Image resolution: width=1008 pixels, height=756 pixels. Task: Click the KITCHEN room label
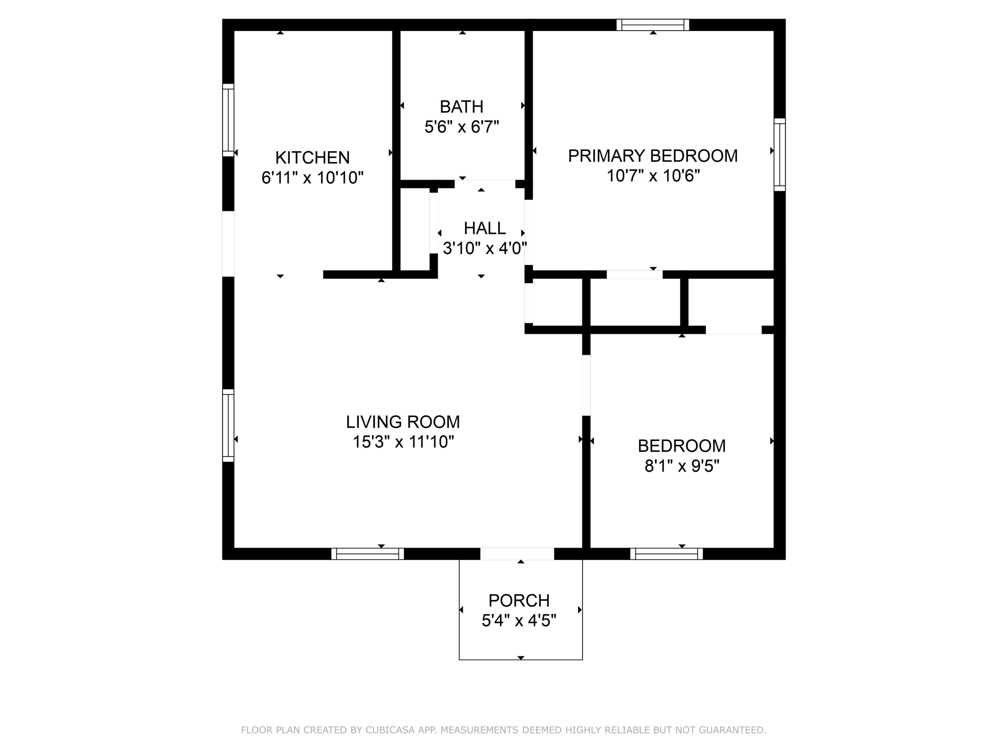[x=313, y=157]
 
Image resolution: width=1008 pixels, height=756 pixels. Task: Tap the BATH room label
[x=461, y=107]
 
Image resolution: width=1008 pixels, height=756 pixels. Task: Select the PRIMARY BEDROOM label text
[x=652, y=156]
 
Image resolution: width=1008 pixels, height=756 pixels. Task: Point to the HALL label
[x=485, y=228]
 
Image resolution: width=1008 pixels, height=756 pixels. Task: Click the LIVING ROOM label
[x=403, y=422]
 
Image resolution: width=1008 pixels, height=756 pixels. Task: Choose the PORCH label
[x=519, y=600]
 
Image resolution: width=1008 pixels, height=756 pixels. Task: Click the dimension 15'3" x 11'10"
[x=403, y=441]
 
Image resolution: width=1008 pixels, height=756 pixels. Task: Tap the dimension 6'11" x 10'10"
[x=313, y=177]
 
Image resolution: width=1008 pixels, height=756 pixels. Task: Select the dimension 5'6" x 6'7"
[x=461, y=126]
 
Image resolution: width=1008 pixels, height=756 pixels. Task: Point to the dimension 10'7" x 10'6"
[x=653, y=176]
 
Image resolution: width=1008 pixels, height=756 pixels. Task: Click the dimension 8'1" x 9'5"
[x=682, y=466]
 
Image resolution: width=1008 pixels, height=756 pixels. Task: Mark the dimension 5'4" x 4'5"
[x=519, y=620]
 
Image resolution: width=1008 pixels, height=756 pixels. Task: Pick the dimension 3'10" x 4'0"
[x=485, y=248]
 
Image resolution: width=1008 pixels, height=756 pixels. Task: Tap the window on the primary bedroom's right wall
[x=780, y=155]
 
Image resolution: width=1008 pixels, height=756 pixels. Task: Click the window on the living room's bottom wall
[x=367, y=554]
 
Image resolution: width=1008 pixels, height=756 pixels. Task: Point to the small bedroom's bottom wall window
[x=666, y=554]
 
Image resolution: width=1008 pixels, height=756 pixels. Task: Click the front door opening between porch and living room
[x=517, y=554]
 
